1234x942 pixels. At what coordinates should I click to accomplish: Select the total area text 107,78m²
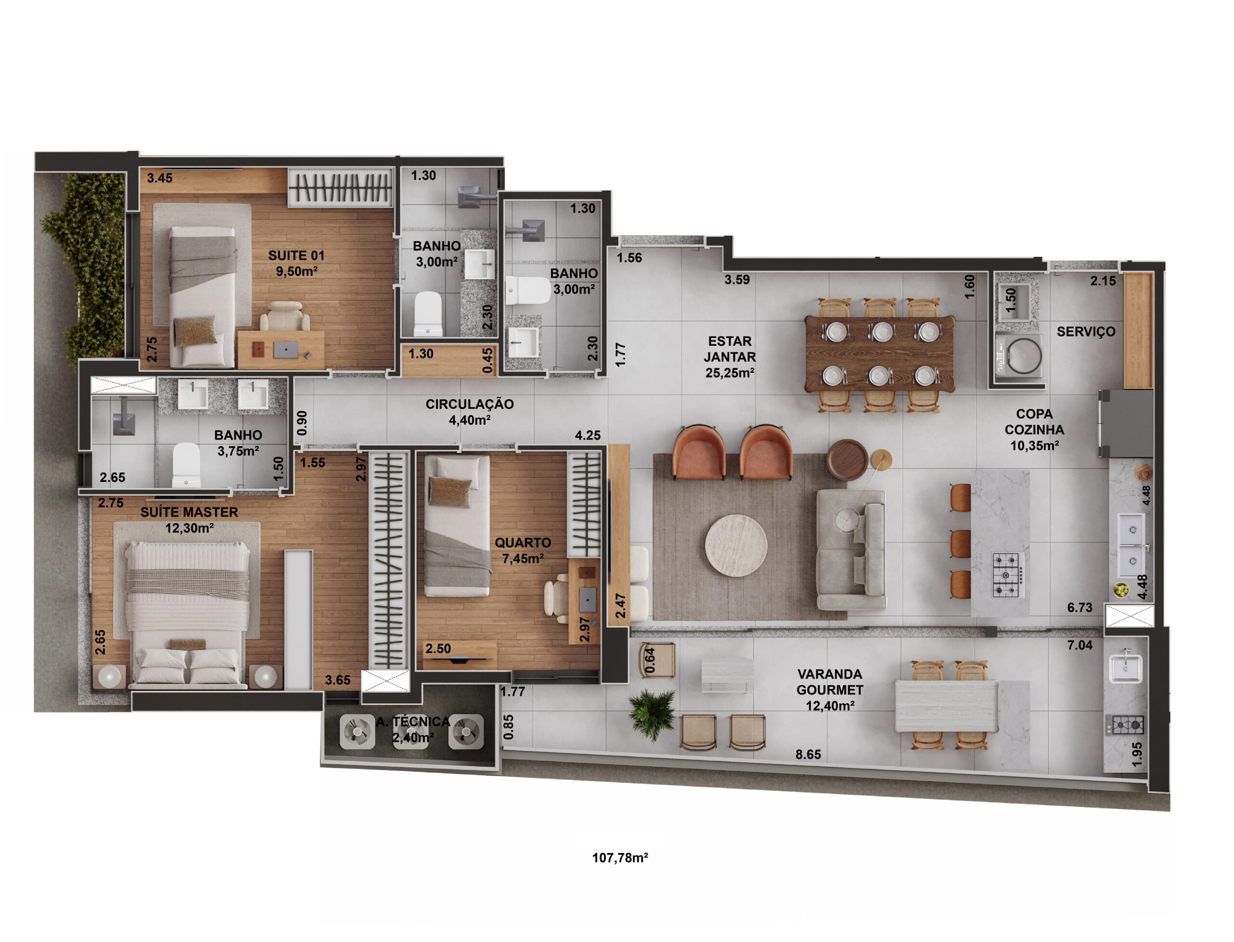point(619,857)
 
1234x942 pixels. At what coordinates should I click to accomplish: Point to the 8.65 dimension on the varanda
point(807,754)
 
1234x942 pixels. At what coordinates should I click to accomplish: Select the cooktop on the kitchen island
point(1007,575)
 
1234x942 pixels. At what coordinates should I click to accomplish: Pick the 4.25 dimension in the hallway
point(587,435)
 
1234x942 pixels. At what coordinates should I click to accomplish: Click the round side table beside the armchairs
point(847,460)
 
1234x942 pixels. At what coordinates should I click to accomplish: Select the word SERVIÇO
point(1086,331)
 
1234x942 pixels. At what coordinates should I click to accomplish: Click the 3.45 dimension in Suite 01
point(159,178)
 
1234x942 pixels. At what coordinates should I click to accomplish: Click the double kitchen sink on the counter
point(1132,544)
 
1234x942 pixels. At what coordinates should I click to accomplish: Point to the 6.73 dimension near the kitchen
point(1079,607)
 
